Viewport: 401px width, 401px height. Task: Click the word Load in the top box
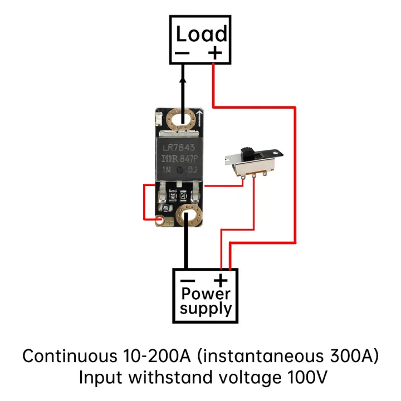201,34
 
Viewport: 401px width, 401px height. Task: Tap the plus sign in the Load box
214,53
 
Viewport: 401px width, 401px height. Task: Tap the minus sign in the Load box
183,54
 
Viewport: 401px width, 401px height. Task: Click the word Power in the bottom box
206,294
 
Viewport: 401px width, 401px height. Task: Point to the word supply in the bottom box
206,309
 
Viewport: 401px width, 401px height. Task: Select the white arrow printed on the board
199,118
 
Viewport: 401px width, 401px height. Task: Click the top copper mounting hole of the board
180,119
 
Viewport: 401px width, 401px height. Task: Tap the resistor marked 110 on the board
173,195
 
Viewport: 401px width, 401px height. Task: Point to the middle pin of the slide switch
255,175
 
